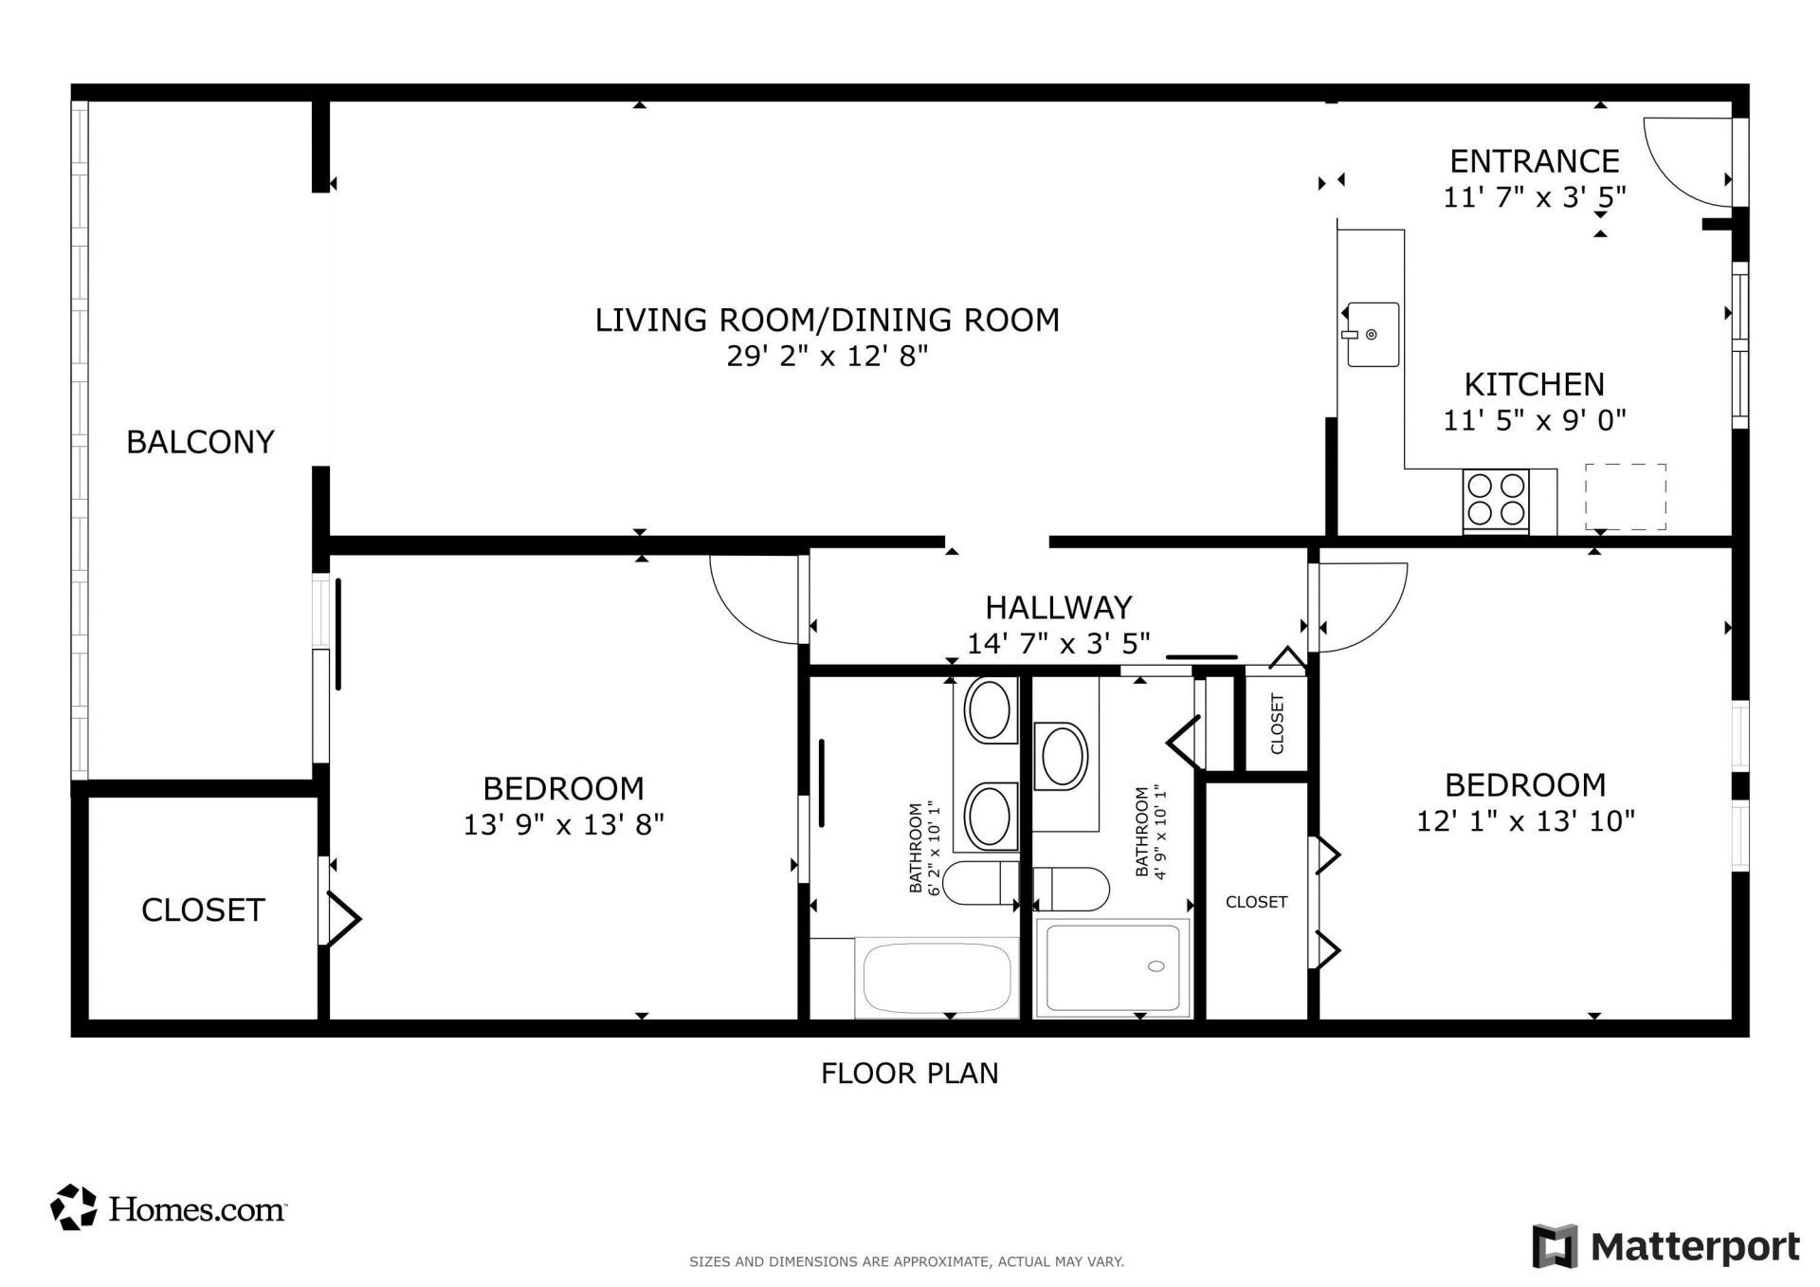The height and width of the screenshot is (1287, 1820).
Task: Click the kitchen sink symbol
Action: click(1371, 335)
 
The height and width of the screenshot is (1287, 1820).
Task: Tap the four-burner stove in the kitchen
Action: click(1496, 501)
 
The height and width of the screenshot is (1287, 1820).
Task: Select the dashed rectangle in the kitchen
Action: click(1625, 497)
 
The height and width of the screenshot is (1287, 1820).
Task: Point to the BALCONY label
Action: click(200, 442)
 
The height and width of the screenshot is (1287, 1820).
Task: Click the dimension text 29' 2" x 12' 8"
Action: click(827, 357)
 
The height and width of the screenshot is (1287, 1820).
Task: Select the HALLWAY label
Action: click(1058, 607)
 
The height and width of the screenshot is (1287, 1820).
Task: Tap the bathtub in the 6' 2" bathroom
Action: click(936, 977)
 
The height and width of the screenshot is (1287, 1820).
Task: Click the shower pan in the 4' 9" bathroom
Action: click(1113, 967)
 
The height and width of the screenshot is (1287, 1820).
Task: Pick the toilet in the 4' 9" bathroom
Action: click(1071, 890)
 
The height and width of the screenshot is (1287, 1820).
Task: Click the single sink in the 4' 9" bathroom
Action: click(1063, 756)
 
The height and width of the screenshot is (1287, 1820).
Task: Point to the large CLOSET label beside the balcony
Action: click(202, 910)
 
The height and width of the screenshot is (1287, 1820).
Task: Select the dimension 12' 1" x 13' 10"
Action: click(1525, 821)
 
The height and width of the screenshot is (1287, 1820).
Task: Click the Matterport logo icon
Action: click(1555, 1245)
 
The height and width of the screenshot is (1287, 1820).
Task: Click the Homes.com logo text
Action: click(196, 1209)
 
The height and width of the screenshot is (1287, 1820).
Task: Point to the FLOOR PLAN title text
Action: click(909, 1074)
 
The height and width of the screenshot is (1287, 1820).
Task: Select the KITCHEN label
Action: click(1534, 384)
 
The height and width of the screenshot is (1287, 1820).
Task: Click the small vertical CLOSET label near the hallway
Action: click(1277, 724)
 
